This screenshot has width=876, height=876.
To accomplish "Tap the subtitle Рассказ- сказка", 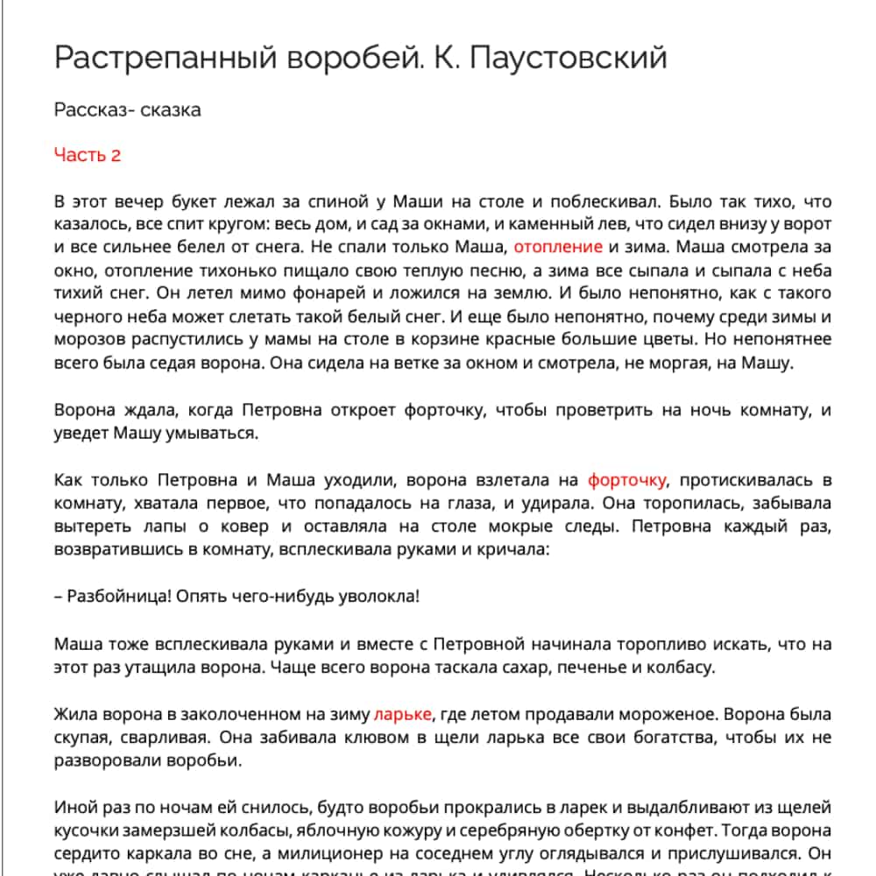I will [x=127, y=109].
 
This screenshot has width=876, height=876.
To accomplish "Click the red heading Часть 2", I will [x=87, y=155].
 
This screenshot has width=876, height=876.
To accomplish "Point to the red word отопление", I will [x=558, y=247].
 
